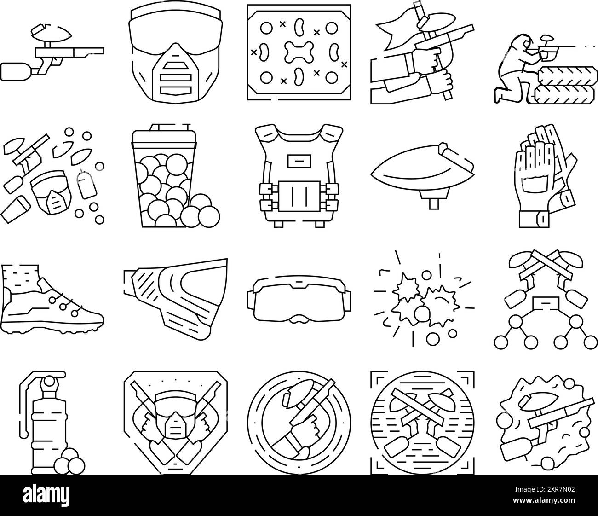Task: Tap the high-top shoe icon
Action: pos(51,295)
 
